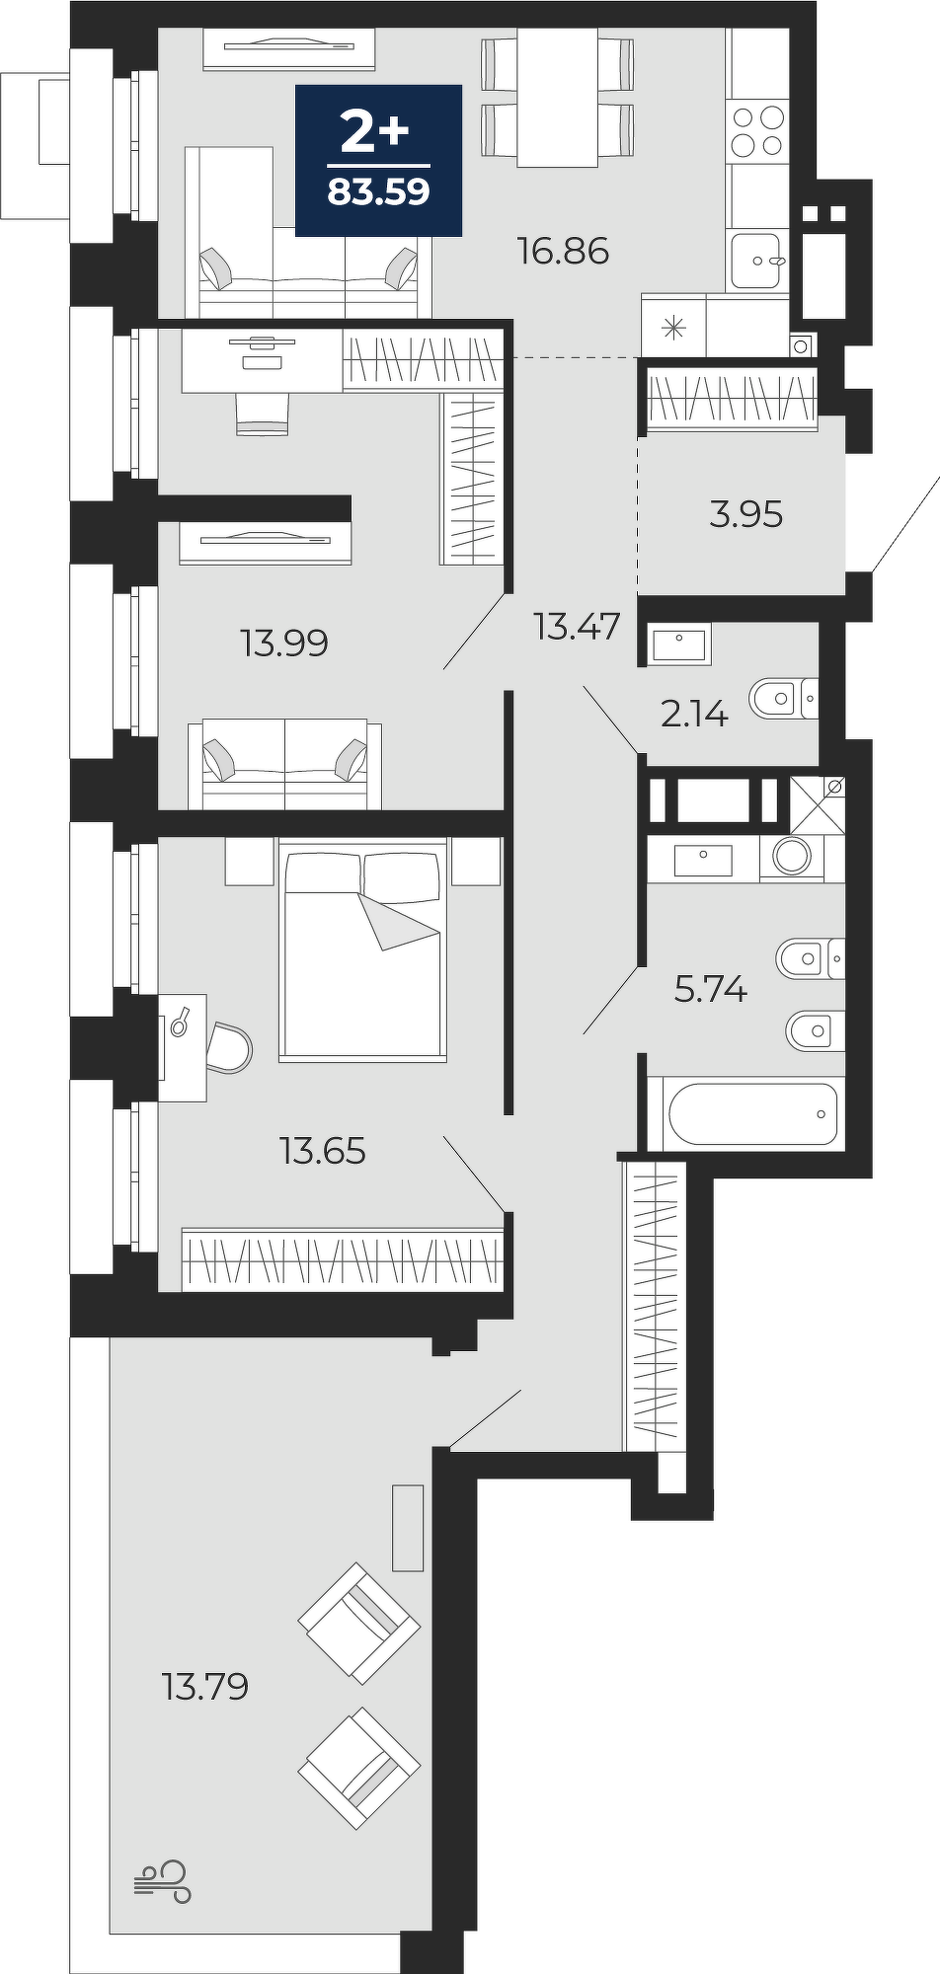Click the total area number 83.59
pyautogui.click(x=379, y=191)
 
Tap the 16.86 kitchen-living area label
pyautogui.click(x=563, y=252)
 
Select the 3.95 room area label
pyautogui.click(x=746, y=514)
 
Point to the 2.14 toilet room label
pyautogui.click(x=694, y=714)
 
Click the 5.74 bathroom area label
pyautogui.click(x=711, y=988)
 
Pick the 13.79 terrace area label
pyautogui.click(x=205, y=1687)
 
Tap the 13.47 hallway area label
pyautogui.click(x=577, y=626)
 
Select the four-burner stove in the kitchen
pyautogui.click(x=758, y=130)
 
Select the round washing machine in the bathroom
pyautogui.click(x=792, y=855)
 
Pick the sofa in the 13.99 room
pyautogui.click(x=284, y=764)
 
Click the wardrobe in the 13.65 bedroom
pyautogui.click(x=343, y=1258)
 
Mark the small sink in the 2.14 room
pyautogui.click(x=679, y=645)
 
